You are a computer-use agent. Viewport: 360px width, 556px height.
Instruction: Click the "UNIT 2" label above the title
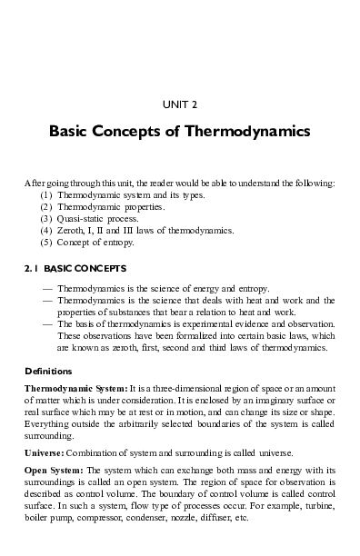[x=180, y=104]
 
